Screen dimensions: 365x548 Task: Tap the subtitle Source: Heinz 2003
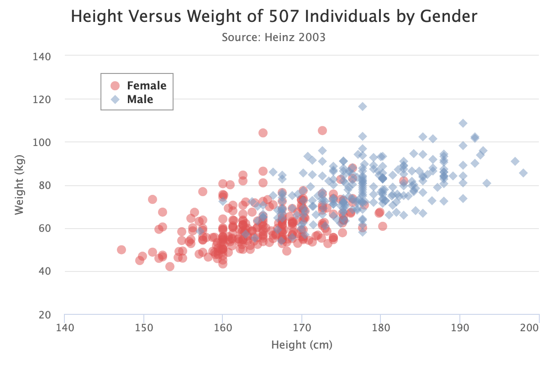point(274,37)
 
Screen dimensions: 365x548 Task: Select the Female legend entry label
point(147,85)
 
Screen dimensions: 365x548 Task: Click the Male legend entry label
point(140,99)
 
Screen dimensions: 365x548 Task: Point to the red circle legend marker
point(115,85)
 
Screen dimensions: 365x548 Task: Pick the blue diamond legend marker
point(115,99)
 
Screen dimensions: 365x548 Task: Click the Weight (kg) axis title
point(19,185)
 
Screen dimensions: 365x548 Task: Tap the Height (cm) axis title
point(302,344)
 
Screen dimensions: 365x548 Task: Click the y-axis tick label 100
point(42,142)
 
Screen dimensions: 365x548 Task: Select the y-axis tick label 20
point(45,315)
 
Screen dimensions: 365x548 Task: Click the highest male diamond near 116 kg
point(363,106)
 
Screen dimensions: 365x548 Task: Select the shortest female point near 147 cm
point(121,250)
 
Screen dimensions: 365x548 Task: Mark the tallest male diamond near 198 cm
point(523,173)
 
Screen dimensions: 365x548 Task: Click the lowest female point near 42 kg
point(170,266)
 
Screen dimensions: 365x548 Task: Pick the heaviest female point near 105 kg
point(322,130)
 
